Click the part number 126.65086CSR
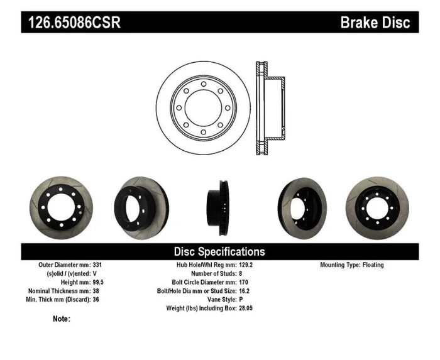pyautogui.click(x=74, y=23)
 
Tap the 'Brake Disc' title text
pyautogui.click(x=375, y=23)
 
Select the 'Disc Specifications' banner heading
pyautogui.click(x=219, y=251)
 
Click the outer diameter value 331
pyautogui.click(x=97, y=265)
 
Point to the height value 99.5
pyautogui.click(x=99, y=283)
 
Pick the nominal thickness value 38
pyautogui.click(x=96, y=292)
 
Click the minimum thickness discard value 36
pyautogui.click(x=96, y=300)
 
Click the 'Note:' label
pyautogui.click(x=62, y=319)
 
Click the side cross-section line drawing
pyautogui.click(x=269, y=107)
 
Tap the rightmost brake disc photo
pyautogui.click(x=378, y=205)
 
